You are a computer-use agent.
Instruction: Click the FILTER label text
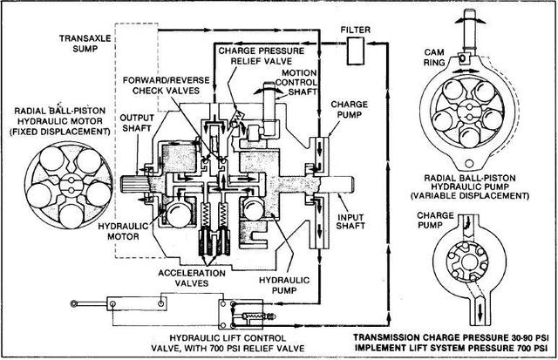click(x=355, y=30)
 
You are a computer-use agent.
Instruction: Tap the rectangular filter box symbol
click(x=356, y=51)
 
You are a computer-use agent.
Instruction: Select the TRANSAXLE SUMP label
click(x=85, y=44)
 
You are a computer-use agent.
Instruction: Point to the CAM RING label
click(x=434, y=58)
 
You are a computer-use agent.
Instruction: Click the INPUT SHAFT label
click(x=350, y=221)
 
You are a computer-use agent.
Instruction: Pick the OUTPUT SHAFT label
click(x=137, y=123)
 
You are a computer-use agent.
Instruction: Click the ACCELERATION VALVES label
click(x=192, y=278)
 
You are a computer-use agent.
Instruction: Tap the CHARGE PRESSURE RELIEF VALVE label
click(x=262, y=56)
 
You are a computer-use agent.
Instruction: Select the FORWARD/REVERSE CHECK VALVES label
click(x=167, y=85)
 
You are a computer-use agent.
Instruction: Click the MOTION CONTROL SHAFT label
click(x=299, y=82)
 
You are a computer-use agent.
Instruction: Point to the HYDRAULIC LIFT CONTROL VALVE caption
click(x=228, y=343)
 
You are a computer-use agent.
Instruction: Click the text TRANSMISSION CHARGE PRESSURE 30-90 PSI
click(x=451, y=337)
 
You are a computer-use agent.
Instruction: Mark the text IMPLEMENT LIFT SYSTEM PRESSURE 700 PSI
click(x=451, y=347)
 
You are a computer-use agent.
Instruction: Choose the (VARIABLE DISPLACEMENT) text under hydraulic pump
click(x=470, y=195)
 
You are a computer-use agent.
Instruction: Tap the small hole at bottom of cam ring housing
click(x=469, y=163)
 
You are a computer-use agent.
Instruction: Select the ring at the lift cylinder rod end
click(x=73, y=303)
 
